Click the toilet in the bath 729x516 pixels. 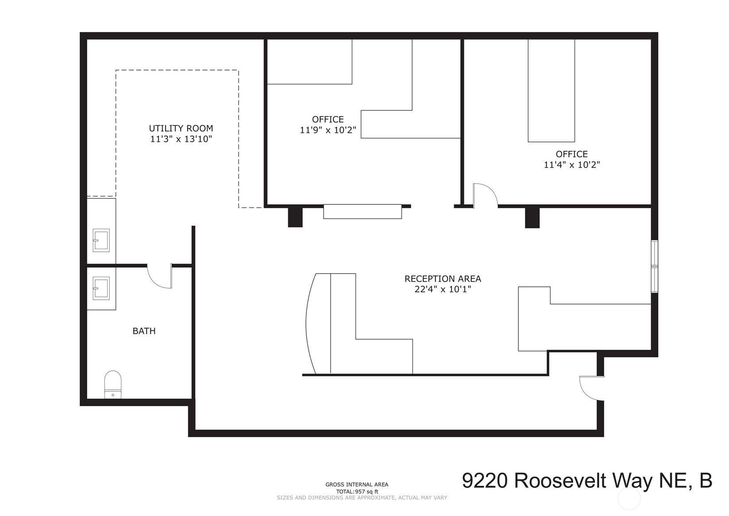pos(112,384)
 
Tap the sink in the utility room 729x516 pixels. pos(101,240)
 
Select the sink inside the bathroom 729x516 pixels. pos(101,288)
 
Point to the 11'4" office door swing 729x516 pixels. pos(485,195)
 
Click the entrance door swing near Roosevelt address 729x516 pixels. pos(592,388)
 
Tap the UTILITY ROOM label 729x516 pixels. pos(181,128)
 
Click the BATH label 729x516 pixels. pos(144,331)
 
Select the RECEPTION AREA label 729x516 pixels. pos(443,279)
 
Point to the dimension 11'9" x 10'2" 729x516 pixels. pos(328,130)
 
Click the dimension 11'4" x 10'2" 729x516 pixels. pos(572,164)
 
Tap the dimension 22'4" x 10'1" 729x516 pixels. pos(443,289)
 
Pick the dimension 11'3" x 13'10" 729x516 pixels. pos(181,139)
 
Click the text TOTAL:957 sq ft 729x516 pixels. pos(357,492)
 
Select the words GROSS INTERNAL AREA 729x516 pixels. pos(357,485)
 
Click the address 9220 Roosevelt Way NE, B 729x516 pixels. pos(587,481)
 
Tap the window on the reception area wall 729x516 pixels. pos(655,266)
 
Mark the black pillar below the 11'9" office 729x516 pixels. pos(295,217)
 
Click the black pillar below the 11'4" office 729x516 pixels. pos(532,217)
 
